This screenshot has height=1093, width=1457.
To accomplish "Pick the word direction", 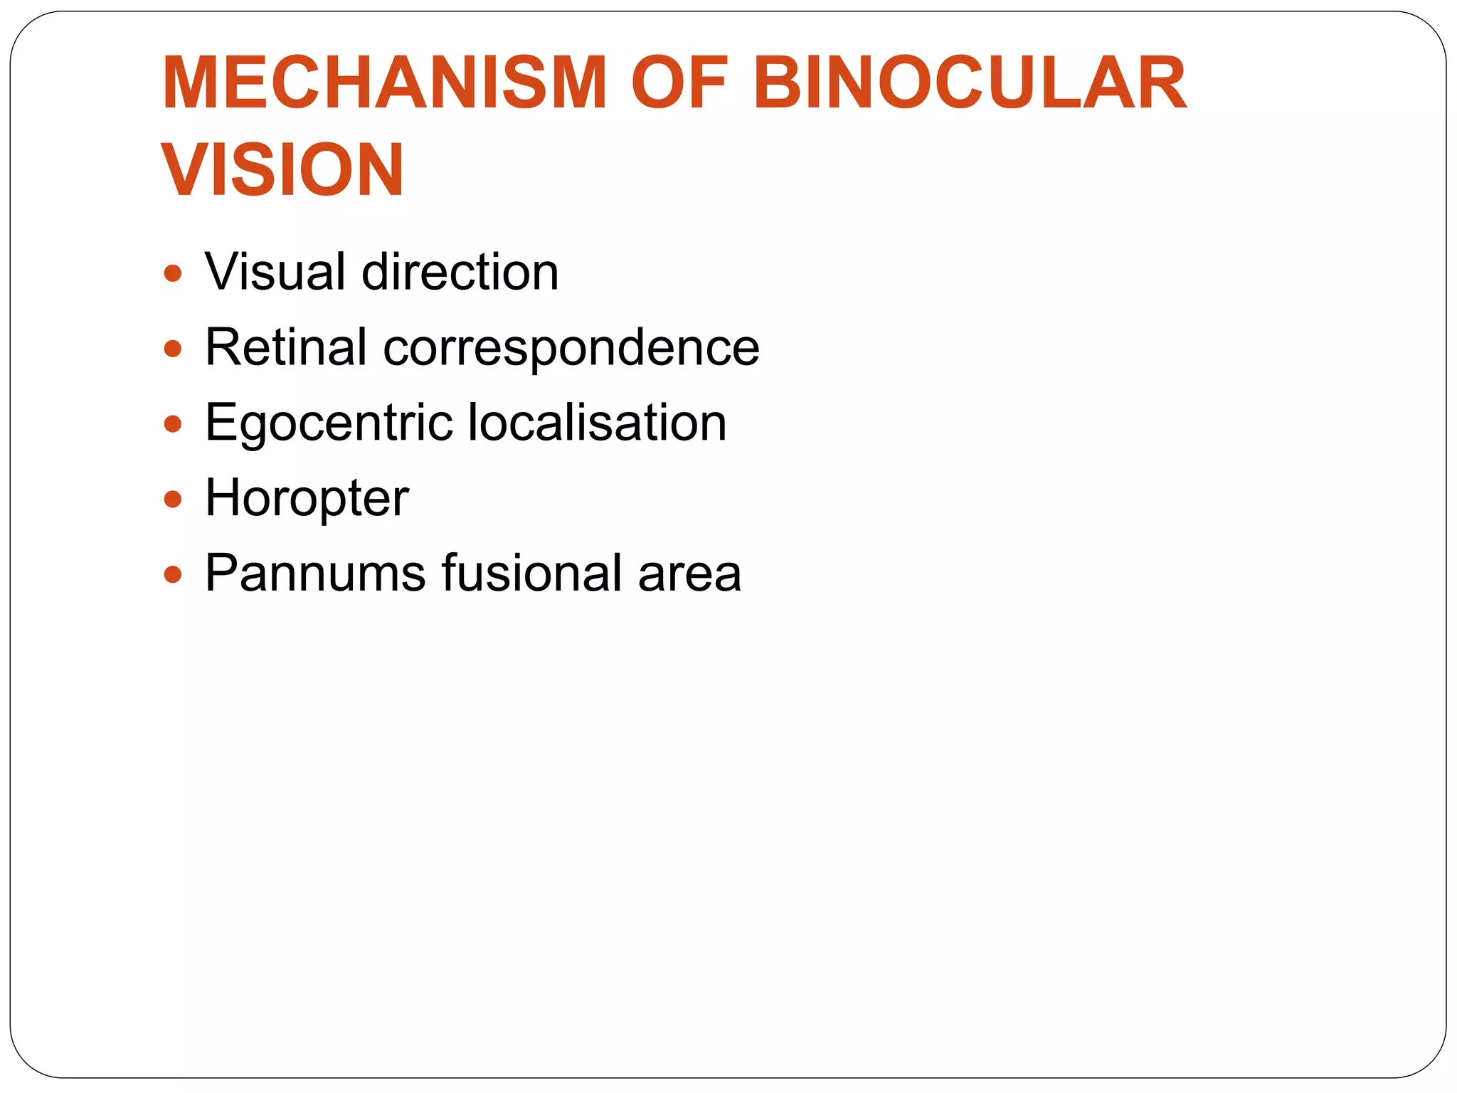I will pyautogui.click(x=460, y=272).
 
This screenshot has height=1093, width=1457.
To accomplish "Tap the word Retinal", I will pyautogui.click(x=286, y=347).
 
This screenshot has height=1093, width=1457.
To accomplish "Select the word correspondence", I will pyautogui.click(x=571, y=349).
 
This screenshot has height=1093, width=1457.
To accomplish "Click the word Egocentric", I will pyautogui.click(x=329, y=423).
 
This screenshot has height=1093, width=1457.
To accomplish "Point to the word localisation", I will pyautogui.click(x=598, y=423).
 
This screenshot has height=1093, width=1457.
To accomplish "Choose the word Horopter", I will pyautogui.click(x=307, y=498).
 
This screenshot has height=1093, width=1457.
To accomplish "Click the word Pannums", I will pyautogui.click(x=315, y=573).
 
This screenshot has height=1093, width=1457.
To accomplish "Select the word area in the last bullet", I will pyautogui.click(x=689, y=574).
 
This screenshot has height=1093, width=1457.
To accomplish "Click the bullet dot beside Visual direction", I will pyautogui.click(x=173, y=273).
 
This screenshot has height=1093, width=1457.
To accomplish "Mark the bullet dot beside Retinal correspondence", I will pyautogui.click(x=173, y=349).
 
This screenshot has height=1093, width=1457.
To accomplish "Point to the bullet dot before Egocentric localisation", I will pyautogui.click(x=173, y=424).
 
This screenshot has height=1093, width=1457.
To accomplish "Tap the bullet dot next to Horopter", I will pyautogui.click(x=173, y=500).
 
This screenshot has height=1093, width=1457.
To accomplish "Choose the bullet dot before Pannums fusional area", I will pyautogui.click(x=173, y=574).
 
